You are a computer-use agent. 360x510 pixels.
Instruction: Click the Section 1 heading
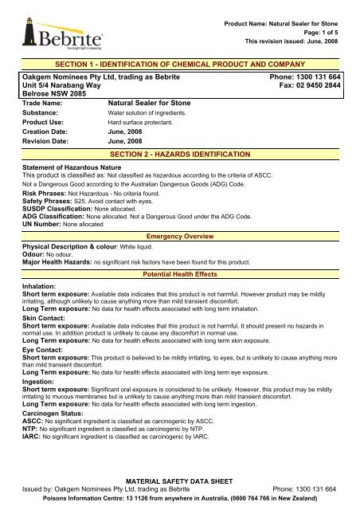click(180, 63)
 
